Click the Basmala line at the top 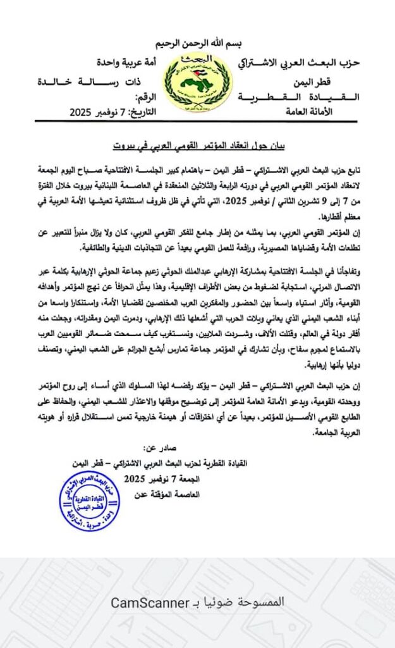coord(198,45)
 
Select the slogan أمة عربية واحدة coord(125,63)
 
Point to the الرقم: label coord(146,98)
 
